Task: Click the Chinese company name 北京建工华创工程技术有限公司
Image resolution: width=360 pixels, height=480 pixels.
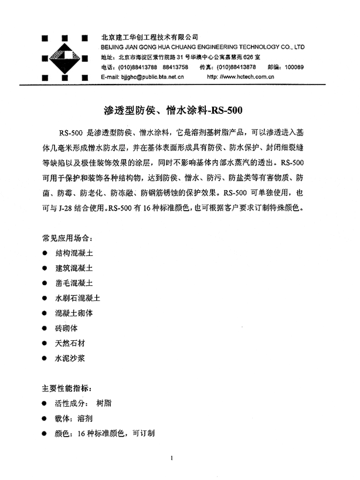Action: [150, 36]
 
